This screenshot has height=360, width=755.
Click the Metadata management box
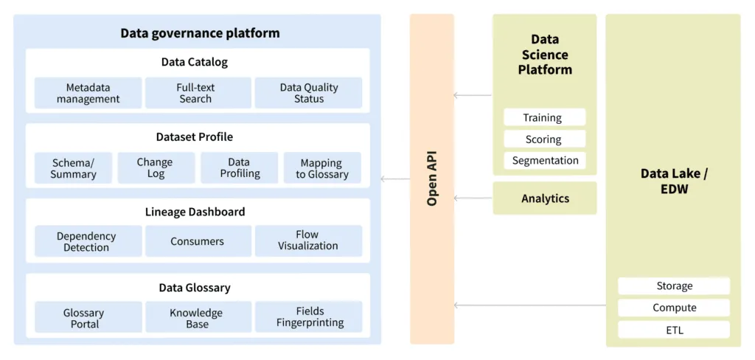click(88, 93)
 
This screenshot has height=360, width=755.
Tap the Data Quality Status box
click(308, 93)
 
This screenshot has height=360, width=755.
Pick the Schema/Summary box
click(73, 168)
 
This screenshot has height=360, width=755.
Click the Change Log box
click(155, 168)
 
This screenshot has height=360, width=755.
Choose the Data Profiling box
click(239, 168)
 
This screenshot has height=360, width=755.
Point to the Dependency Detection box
click(88, 241)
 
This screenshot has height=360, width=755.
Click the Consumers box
click(198, 241)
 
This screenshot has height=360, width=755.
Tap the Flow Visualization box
click(308, 241)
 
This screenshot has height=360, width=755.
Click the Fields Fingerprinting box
click(308, 317)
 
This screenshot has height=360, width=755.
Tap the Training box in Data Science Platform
click(544, 117)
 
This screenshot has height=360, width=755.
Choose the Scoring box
click(544, 139)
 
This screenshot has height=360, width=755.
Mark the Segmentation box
click(544, 160)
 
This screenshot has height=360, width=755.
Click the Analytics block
click(544, 198)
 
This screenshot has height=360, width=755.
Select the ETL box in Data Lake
click(673, 330)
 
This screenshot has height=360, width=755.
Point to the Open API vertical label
click(432, 179)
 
